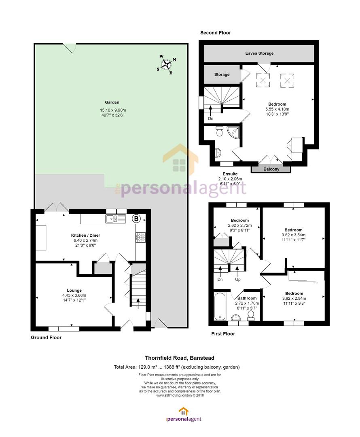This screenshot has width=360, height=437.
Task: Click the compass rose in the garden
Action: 166,65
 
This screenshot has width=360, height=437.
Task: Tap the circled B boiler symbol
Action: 136,218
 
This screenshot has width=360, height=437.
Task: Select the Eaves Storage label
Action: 259,53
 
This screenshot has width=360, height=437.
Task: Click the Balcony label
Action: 271,169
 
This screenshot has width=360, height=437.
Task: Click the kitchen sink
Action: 116,219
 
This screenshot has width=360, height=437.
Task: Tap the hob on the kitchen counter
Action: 141,237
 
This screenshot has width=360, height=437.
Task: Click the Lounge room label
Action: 74,291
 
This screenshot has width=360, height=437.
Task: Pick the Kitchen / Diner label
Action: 85,235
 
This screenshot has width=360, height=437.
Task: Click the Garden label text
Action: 112,102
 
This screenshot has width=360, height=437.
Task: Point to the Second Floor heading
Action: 215,33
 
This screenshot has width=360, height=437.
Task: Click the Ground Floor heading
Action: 46,337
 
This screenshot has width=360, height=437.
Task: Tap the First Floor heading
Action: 223,333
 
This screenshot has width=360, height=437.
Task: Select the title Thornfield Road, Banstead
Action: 180,358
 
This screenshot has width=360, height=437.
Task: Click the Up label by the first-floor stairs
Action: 238,279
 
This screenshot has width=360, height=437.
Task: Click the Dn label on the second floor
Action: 211,119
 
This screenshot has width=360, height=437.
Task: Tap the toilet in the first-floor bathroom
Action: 251,315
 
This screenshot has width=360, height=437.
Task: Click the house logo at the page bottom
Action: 183,412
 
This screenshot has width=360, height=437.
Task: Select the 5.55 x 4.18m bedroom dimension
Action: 277,109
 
